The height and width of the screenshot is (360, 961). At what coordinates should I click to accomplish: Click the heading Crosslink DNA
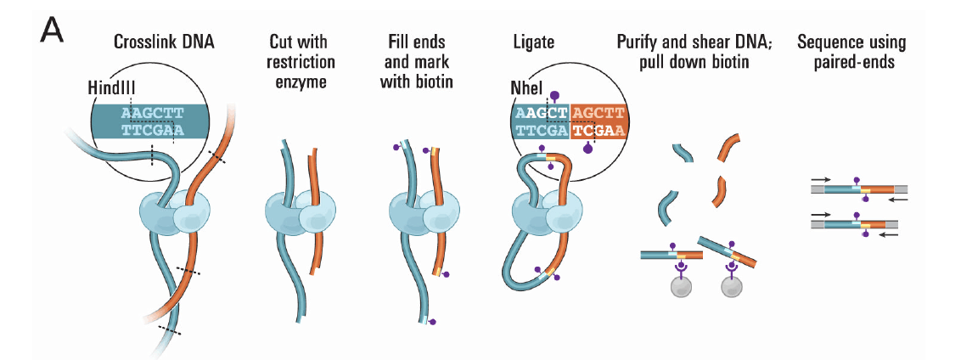165,42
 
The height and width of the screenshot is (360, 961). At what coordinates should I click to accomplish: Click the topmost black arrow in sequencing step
822,181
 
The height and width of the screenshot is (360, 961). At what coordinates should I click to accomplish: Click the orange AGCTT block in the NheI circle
599,112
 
